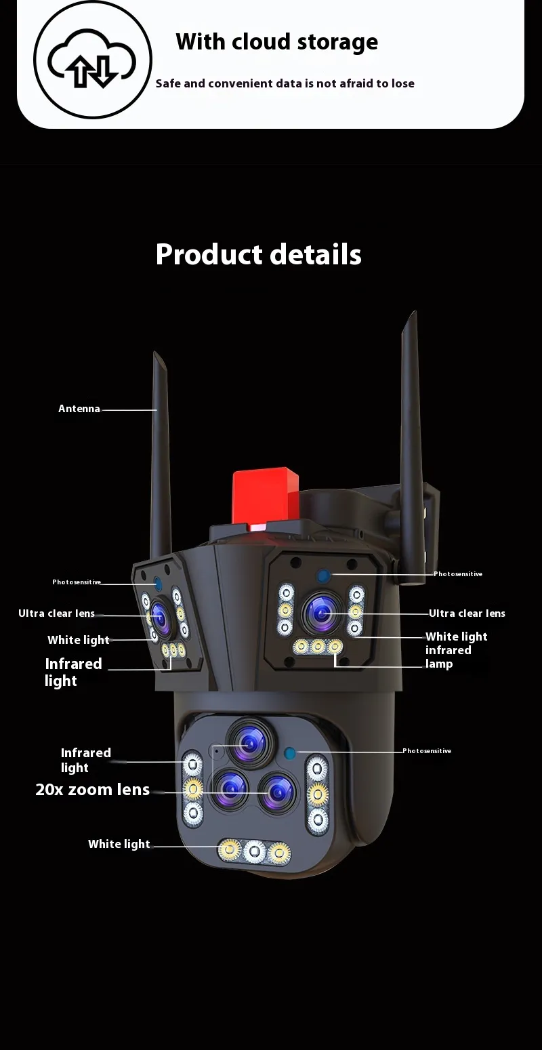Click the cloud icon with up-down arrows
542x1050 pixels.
point(93,60)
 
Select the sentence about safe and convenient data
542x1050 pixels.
point(285,83)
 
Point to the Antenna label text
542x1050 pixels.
point(79,409)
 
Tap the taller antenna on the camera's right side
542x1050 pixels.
point(411,434)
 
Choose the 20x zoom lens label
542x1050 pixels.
point(92,789)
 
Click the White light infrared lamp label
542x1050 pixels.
point(455,650)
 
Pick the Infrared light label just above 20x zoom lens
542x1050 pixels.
point(85,760)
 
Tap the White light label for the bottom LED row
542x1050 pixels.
point(119,844)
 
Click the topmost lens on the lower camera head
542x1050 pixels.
point(249,742)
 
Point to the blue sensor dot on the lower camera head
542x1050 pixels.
point(291,752)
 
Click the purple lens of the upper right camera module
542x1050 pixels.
point(322,614)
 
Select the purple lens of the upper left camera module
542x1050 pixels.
point(161,613)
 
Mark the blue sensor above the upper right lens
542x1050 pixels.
point(324,576)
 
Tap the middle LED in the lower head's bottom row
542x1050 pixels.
point(254,850)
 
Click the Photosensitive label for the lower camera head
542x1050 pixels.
point(426,751)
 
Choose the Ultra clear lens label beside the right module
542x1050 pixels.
point(467,613)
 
